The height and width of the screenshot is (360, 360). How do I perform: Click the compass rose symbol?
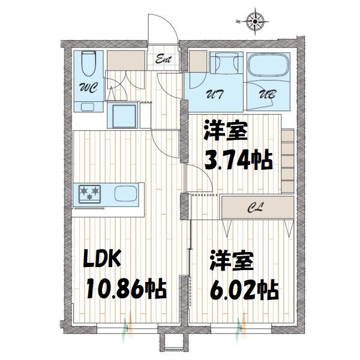pyautogui.click(x=256, y=22)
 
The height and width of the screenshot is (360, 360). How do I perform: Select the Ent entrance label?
pyautogui.click(x=164, y=60)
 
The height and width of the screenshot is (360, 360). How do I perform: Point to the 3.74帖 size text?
pyautogui.click(x=239, y=160)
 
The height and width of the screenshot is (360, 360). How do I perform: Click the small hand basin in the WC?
pyautogui.click(x=89, y=107)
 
